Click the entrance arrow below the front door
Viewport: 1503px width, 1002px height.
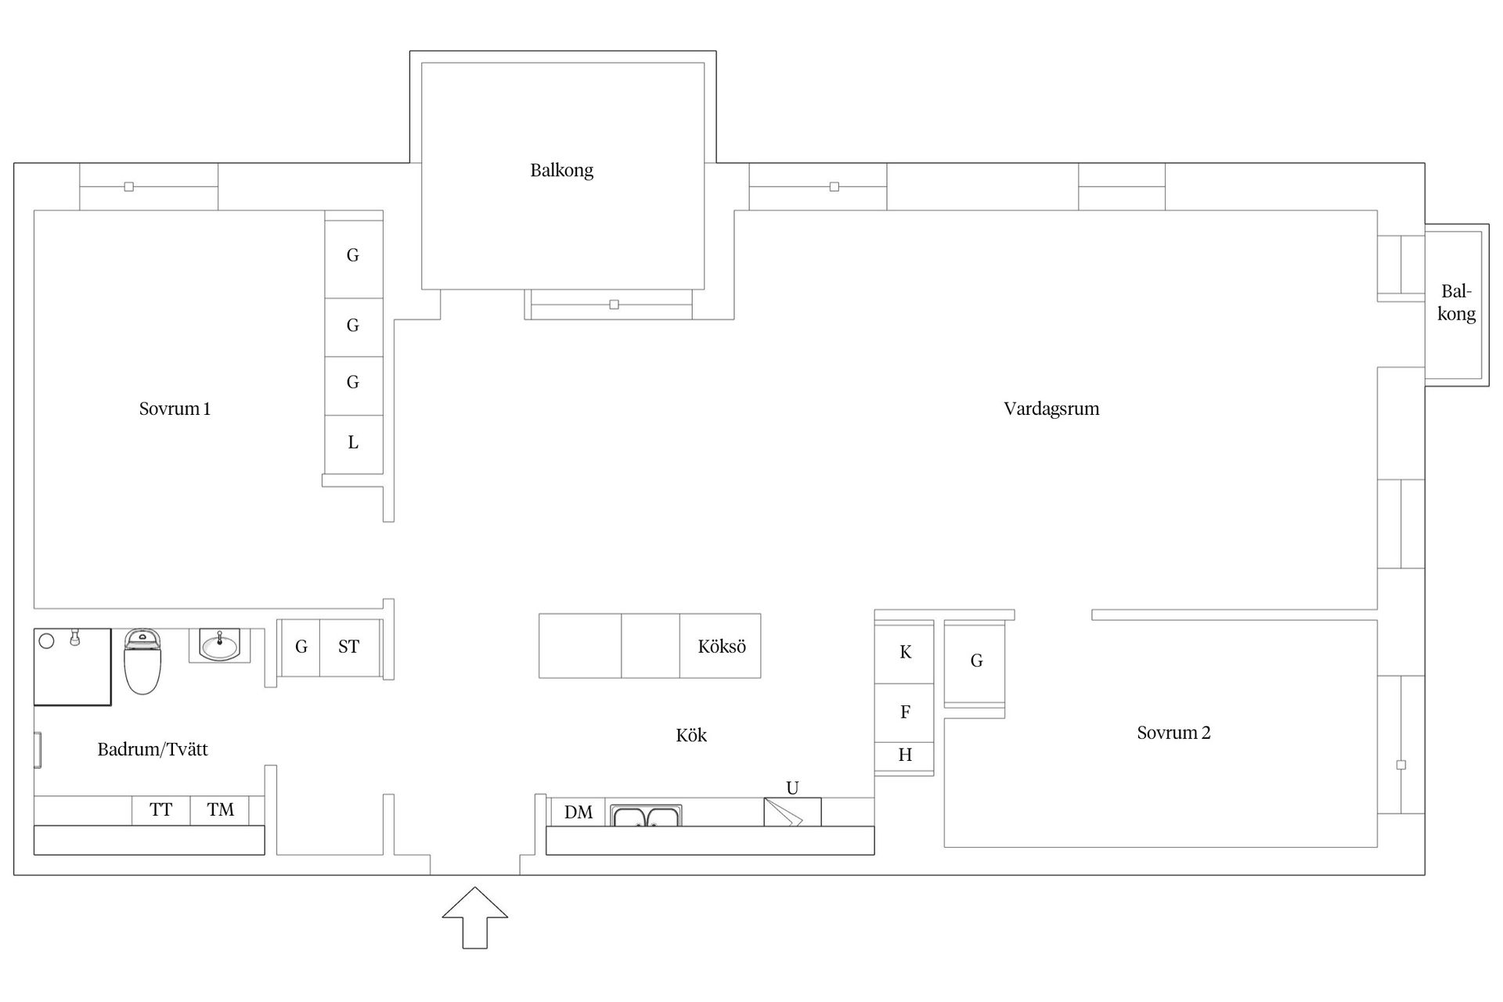coord(475,917)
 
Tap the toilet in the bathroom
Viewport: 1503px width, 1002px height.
coord(142,661)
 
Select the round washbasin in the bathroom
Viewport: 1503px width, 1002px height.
coord(219,646)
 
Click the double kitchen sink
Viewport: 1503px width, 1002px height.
coord(646,816)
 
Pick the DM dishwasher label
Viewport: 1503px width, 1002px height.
coord(578,813)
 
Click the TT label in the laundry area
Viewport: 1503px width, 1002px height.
coord(161,809)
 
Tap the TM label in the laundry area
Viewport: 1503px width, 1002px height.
coord(221,809)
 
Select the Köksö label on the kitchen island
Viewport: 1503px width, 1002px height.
coord(722,647)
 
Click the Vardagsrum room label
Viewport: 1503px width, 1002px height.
coord(1051,409)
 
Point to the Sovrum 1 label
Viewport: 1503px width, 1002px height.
coord(175,409)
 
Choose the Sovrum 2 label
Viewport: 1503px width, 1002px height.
coord(1173,733)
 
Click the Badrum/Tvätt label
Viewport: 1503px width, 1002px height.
coord(153,750)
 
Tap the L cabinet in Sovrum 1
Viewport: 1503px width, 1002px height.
coord(354,444)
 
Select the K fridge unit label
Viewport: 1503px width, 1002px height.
coord(906,652)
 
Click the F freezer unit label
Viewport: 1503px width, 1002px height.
coord(906,712)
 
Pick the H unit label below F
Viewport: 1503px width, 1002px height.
coord(905,755)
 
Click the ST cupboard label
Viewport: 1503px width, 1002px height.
coord(349,647)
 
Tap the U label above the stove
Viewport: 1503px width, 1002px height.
coord(792,788)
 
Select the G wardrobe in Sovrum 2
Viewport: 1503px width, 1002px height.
coord(975,664)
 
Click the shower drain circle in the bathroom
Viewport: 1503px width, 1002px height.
coord(46,641)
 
